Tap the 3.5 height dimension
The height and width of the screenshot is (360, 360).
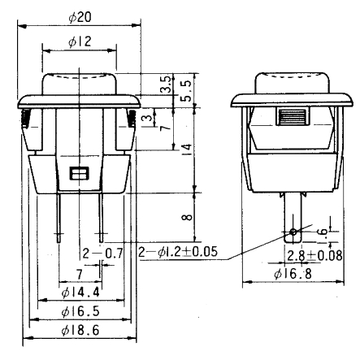pos(166,83)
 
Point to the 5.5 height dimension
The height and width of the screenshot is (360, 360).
pos(185,88)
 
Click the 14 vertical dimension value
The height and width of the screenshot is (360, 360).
pos(185,148)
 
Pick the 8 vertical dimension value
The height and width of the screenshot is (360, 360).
pos(185,216)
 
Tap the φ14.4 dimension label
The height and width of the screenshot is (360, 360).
pos(80,291)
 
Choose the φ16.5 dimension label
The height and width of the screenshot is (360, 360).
pos(80,311)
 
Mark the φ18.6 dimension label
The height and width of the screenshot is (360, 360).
pos(80,332)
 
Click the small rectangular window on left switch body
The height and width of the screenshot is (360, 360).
pos(79,173)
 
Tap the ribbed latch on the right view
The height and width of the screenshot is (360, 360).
pos(292,116)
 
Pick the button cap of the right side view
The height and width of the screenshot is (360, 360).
pos(292,82)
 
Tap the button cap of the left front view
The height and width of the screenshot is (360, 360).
pos(79,82)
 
